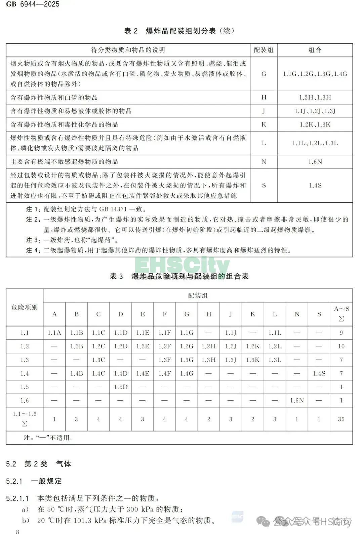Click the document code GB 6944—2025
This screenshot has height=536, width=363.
coord(33,4)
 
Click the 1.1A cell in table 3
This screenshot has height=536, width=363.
coord(54,333)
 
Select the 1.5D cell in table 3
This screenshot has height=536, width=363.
coord(120,387)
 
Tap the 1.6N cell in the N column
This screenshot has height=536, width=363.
coord(297,400)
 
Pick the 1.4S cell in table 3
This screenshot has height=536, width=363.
coord(319,373)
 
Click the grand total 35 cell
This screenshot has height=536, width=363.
coord(341,419)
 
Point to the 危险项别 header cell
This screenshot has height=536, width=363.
coord(25,307)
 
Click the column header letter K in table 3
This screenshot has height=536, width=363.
coord(253,314)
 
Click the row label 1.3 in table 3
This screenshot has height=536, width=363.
coord(25,360)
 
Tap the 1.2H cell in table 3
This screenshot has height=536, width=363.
coord(209,346)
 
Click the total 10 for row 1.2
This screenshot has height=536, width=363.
coord(341,346)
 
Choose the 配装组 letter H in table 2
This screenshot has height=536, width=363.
coord(264,97)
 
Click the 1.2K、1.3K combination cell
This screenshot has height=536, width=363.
coord(315,125)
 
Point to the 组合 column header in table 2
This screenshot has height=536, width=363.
coord(315,50)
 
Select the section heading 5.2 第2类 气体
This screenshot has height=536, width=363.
coord(39,464)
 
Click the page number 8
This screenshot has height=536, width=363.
coord(17,532)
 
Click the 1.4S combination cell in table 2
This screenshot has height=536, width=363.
coord(315,185)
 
